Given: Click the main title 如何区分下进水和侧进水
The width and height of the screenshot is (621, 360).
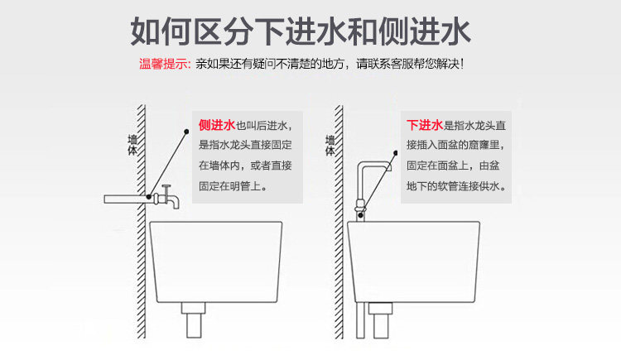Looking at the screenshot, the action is [301, 31].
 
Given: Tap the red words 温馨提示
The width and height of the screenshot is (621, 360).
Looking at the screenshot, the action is [164, 65].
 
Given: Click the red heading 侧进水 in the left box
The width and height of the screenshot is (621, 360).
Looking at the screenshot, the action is [217, 126].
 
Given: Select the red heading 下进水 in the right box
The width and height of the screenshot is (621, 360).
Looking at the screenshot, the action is [425, 126].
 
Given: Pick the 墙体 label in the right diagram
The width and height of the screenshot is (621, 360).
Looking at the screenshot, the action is [330, 146].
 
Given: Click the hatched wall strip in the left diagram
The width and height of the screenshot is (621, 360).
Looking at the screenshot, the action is [142, 248].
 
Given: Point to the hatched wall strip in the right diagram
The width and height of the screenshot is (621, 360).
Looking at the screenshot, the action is [339, 248].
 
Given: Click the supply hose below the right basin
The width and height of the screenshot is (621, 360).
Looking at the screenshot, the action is [359, 327].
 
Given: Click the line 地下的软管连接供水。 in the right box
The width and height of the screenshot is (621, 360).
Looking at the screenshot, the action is [456, 187].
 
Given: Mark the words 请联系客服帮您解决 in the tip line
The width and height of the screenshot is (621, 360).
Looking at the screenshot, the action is [409, 65].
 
